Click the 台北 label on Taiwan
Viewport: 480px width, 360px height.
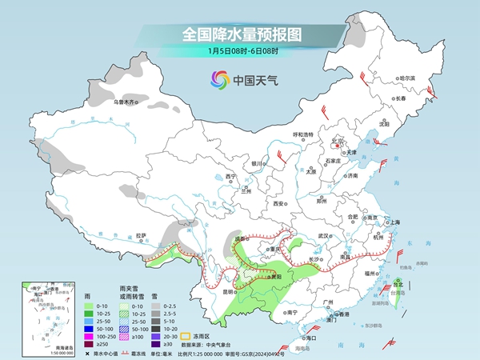(x=398, y=282)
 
